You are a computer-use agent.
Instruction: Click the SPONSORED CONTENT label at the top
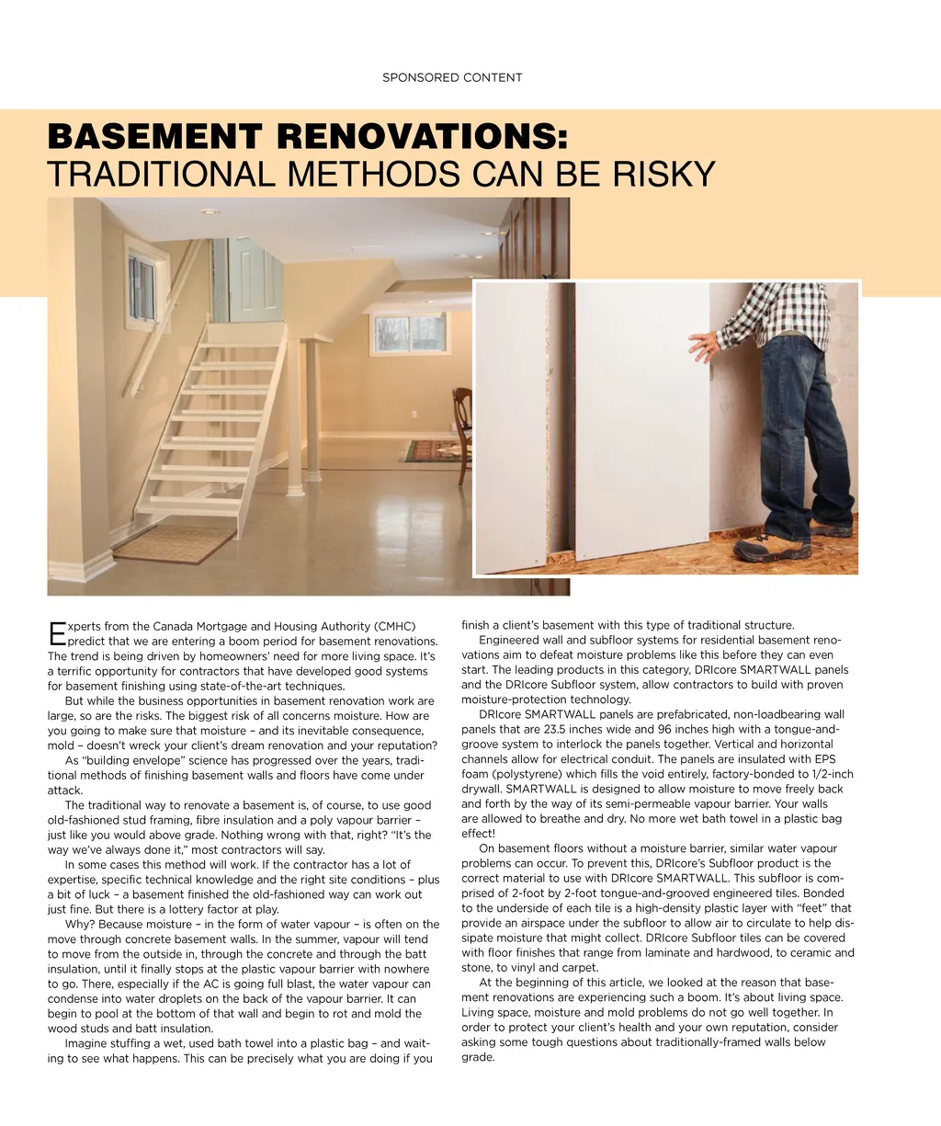coord(452,77)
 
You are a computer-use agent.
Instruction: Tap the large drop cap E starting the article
coord(56,632)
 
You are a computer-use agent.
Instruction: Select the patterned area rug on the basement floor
coord(432,450)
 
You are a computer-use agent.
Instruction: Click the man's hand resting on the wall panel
coord(706,346)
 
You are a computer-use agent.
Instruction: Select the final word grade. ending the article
coord(478,1057)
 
